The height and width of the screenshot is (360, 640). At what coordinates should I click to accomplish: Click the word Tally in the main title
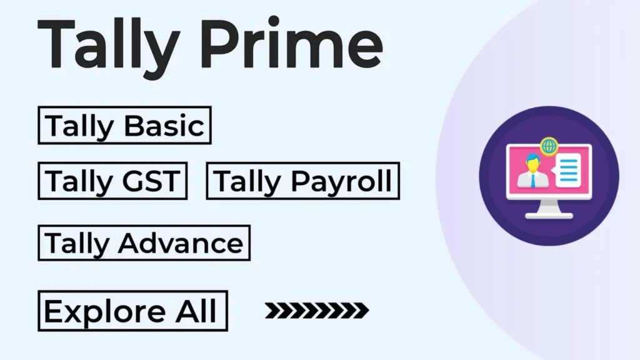(109, 47)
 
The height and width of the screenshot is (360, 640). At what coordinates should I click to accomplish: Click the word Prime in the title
(291, 43)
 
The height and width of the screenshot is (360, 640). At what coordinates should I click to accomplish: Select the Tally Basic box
(124, 125)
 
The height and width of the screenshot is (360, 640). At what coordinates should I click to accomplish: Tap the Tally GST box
(112, 181)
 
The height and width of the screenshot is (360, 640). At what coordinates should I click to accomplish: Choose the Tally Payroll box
(303, 181)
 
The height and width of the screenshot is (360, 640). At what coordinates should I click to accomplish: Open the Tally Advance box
(144, 243)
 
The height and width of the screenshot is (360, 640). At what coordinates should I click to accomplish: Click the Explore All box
(132, 311)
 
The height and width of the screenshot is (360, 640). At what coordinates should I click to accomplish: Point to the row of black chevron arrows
(317, 311)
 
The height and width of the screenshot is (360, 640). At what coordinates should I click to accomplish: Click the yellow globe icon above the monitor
(549, 146)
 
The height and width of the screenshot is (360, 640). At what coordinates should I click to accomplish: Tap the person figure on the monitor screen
(532, 171)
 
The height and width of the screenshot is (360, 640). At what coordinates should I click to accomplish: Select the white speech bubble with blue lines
(566, 171)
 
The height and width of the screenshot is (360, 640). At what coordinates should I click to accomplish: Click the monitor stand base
(549, 215)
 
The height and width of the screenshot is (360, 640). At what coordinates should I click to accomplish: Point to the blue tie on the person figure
(533, 179)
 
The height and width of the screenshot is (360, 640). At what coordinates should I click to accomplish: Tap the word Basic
(164, 126)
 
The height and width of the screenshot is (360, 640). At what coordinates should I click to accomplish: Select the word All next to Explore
(196, 311)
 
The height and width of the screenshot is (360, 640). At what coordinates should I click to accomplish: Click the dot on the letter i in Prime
(274, 21)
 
